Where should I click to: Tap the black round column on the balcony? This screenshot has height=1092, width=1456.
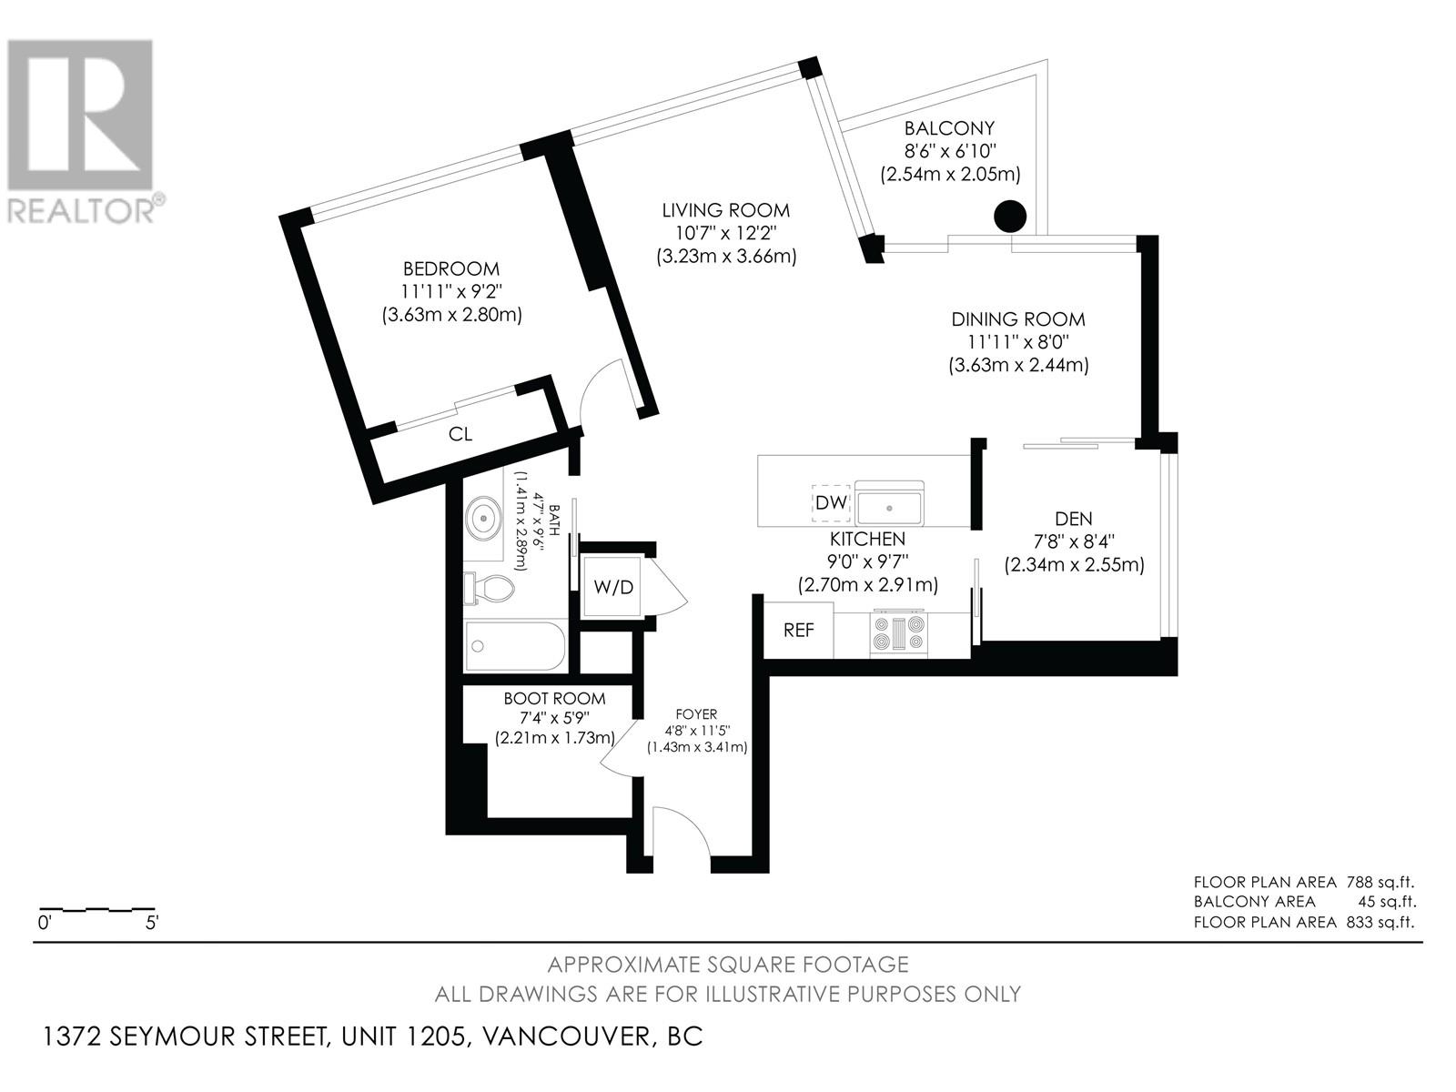click(1009, 217)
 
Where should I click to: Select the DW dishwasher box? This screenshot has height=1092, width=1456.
click(831, 502)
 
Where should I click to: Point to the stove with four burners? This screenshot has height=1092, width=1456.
click(899, 633)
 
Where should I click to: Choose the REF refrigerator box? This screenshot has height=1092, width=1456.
click(798, 630)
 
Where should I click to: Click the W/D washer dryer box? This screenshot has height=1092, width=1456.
click(613, 587)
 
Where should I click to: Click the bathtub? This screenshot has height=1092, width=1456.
click(515, 646)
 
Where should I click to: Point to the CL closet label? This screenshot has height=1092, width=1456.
click(460, 434)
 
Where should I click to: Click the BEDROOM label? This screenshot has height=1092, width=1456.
click(451, 269)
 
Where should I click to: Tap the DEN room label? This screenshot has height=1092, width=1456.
click(1073, 519)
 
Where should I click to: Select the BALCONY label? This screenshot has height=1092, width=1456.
click(949, 128)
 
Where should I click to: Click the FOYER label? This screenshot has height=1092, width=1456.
click(696, 714)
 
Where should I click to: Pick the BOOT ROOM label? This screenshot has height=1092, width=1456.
click(554, 698)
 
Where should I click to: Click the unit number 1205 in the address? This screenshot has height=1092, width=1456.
click(435, 1036)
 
